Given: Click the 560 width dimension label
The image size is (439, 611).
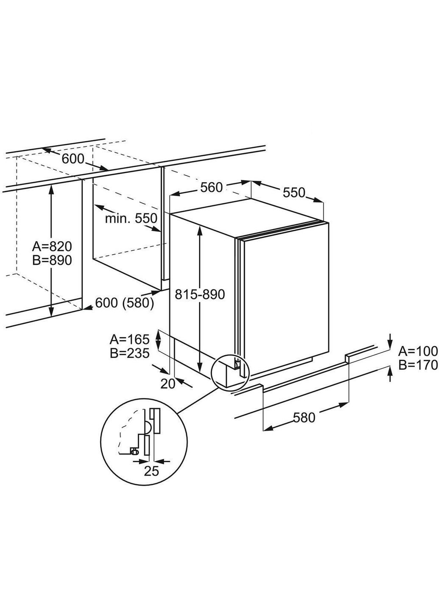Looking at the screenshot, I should tap(212, 187).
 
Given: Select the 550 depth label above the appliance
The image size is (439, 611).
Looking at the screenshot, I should tap(294, 193).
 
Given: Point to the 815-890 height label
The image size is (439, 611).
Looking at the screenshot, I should tap(200, 294).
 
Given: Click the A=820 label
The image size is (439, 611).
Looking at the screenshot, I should tap(53, 246).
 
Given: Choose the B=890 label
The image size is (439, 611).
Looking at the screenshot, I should tap(53, 260).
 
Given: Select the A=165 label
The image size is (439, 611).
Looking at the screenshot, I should tap(130, 339).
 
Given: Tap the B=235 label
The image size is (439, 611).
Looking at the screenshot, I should tap(130, 353).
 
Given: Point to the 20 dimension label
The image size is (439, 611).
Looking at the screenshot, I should tap(168, 384).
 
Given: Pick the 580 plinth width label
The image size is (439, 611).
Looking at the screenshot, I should tap(304, 418).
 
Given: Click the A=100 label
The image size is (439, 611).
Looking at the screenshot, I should tap(418, 350).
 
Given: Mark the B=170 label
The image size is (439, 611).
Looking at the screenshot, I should tap(418, 364).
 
